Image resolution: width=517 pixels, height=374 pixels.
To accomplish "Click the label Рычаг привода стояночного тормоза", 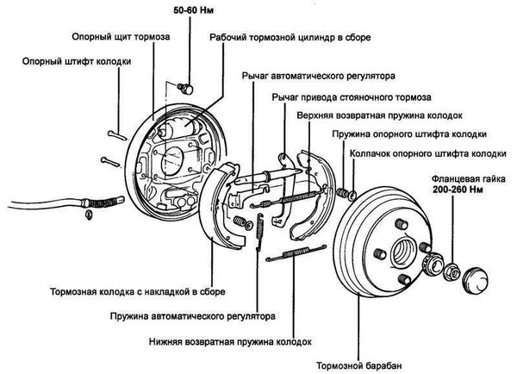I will tap(352, 97).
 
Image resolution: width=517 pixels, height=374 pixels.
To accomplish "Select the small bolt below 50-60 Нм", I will tap(184, 88).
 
